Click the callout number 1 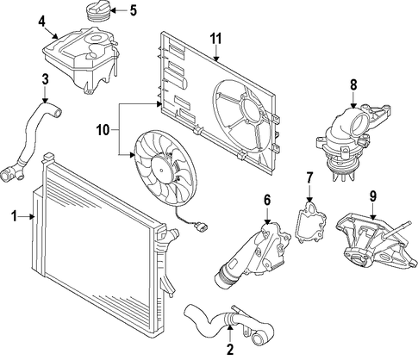[x=15, y=216]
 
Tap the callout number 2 [x=230, y=349]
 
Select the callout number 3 [x=45, y=79]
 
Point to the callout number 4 [x=41, y=22]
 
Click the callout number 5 [x=133, y=10]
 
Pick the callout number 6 [x=267, y=200]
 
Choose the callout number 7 [x=309, y=177]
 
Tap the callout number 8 [x=353, y=84]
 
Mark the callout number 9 [x=372, y=196]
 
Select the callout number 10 [x=103, y=130]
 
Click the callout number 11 [x=215, y=39]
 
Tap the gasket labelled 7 [x=310, y=222]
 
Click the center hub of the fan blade [x=163, y=171]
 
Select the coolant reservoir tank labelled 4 [x=80, y=59]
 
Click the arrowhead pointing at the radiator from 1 [x=33, y=216]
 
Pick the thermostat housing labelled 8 [x=352, y=140]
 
